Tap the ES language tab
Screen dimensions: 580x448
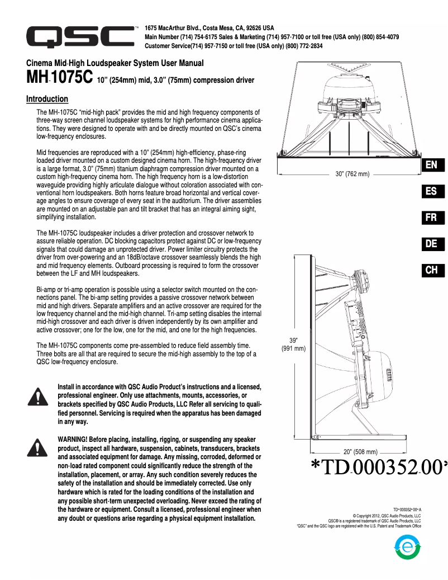click(x=431, y=191)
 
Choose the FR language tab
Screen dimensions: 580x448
click(x=431, y=218)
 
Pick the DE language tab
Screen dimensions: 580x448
click(x=431, y=244)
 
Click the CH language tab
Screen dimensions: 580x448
click(x=431, y=270)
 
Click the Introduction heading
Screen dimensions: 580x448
click(x=47, y=99)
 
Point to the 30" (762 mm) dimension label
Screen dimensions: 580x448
click(x=352, y=175)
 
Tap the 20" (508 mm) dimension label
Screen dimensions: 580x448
click(x=360, y=451)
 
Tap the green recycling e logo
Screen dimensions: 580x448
click(x=407, y=548)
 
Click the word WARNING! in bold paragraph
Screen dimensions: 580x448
click(x=77, y=439)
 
